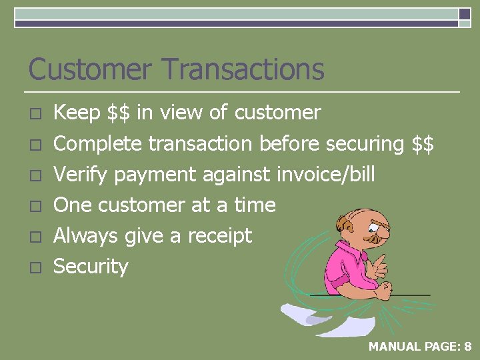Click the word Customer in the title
coord(90,69)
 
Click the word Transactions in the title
coord(243,69)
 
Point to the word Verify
coord(81,175)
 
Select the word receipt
coord(219,236)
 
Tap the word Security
coord(90,267)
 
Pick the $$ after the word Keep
coord(119,113)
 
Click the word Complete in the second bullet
coord(97,144)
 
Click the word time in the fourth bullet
coord(255,205)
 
